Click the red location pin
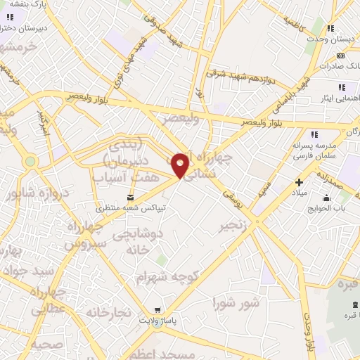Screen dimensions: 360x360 181,165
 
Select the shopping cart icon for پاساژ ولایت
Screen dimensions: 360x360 158,309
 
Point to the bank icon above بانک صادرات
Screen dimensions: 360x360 341,56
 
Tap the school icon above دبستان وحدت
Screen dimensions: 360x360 330,30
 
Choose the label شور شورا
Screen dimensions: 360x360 236,304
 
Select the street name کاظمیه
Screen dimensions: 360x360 296,19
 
